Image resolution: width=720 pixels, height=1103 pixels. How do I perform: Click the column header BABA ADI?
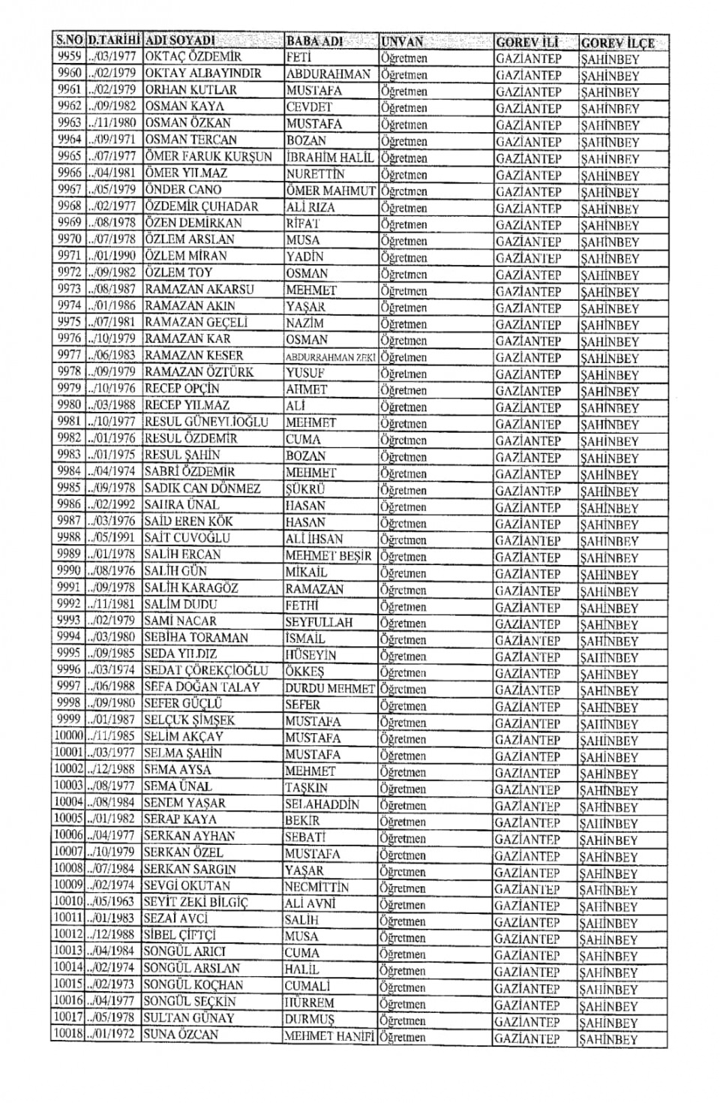[314, 41]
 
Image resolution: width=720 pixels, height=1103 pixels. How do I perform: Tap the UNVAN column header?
[402, 42]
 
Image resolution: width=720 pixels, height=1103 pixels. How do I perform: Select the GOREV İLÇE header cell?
[617, 43]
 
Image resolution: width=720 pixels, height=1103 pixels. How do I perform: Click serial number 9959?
[69, 56]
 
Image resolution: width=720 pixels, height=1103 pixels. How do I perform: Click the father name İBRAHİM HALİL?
[329, 158]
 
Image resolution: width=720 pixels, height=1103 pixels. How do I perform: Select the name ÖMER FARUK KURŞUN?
[208, 157]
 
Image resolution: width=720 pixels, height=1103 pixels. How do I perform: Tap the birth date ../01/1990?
[112, 256]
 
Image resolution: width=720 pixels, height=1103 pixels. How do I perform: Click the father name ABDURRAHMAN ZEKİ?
[329, 357]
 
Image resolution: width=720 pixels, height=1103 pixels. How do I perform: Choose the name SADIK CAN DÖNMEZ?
[202, 488]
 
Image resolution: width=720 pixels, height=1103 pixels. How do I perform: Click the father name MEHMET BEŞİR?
[328, 556]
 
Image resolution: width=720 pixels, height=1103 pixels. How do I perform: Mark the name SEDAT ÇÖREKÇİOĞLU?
[205, 670]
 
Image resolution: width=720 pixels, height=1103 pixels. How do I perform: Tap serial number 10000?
[68, 736]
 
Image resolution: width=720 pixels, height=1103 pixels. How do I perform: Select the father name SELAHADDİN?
[322, 804]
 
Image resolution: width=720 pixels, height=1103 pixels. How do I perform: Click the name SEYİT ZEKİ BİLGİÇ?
[195, 903]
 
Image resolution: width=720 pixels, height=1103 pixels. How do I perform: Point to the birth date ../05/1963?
[112, 903]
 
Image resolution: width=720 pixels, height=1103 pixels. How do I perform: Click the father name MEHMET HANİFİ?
[328, 1036]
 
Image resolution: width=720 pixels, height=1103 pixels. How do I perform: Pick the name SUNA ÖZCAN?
[181, 1035]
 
